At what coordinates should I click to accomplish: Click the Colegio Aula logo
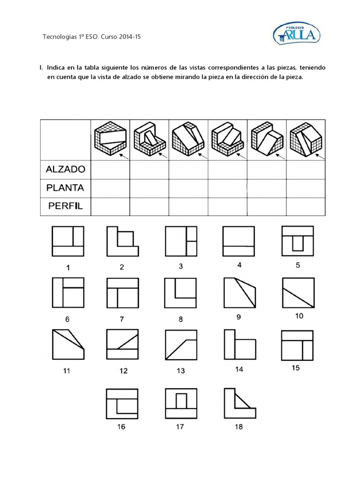coord(296,33)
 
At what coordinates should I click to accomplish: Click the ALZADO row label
coord(65,169)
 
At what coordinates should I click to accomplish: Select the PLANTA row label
coord(65,187)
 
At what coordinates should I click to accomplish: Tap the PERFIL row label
coord(65,206)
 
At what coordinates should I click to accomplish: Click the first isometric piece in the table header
coord(110,137)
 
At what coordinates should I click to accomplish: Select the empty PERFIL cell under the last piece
coord(306,206)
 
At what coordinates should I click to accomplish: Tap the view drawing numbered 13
coord(180,345)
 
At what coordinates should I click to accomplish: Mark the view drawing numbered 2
coord(122,241)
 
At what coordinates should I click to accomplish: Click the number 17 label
coord(180,427)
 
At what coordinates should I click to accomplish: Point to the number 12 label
coord(123,371)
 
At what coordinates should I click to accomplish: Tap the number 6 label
coord(67,319)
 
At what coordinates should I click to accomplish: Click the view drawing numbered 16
coord(122,403)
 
